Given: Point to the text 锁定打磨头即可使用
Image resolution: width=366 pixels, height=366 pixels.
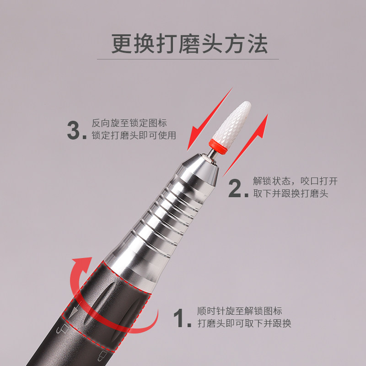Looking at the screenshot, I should (134, 136).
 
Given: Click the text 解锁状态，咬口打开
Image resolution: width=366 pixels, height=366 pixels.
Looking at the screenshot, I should (296, 181).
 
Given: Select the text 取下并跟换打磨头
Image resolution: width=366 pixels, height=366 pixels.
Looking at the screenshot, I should (291, 194).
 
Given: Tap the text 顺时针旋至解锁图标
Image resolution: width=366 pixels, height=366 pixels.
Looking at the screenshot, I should (240, 311).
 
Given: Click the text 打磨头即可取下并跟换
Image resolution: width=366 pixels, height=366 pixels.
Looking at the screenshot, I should (244, 324).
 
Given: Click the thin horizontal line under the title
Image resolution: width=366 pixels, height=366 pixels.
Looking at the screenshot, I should (188, 59).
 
